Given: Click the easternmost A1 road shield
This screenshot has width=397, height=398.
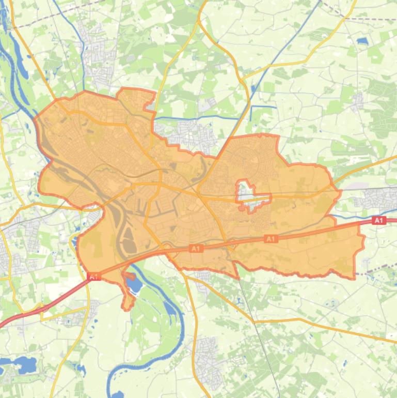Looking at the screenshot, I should [379, 221].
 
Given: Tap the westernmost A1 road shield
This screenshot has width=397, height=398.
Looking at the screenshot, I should [93, 278].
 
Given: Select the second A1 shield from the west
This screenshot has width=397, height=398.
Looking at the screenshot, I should [195, 249].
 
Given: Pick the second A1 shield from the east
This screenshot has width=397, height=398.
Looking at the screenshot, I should [271, 239].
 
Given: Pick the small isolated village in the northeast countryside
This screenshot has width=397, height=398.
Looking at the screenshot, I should [356, 101].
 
